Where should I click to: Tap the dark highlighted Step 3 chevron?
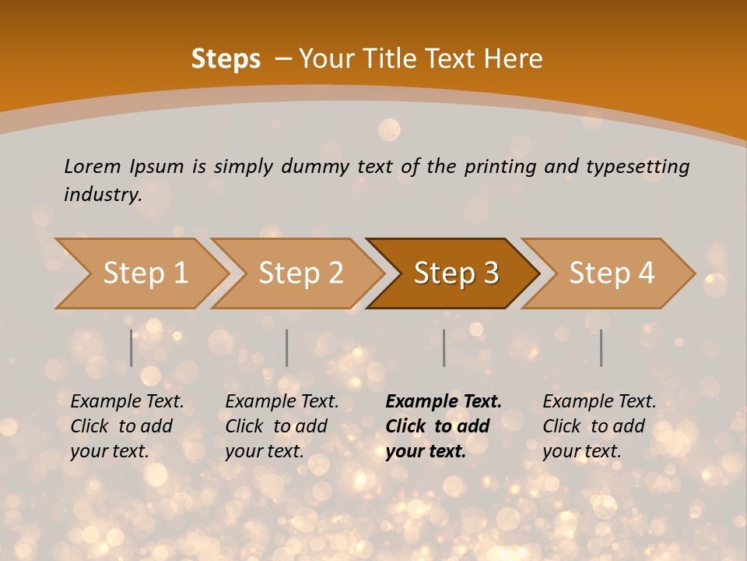(456, 273)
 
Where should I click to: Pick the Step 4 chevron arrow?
(612, 273)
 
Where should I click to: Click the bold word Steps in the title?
(226, 59)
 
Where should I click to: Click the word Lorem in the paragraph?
(92, 166)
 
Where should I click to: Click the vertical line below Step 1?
(132, 348)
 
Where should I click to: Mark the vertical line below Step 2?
(287, 348)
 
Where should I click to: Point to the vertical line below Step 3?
(444, 348)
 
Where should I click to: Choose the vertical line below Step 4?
(601, 348)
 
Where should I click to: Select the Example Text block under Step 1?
(127, 426)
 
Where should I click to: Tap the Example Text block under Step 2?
(282, 426)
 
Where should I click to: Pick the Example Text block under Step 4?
(599, 426)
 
